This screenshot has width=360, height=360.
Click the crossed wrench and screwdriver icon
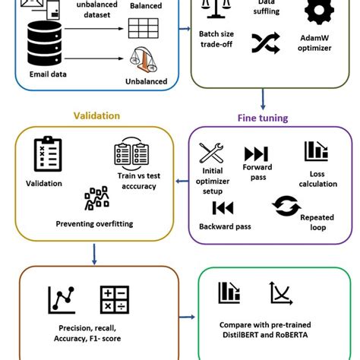tap(211, 153)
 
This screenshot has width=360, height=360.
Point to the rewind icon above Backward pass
tap(222, 207)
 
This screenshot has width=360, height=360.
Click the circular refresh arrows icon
tap(286, 206)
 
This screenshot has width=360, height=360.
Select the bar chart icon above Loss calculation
tap(315, 151)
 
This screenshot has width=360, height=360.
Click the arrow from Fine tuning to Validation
tap(182, 181)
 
